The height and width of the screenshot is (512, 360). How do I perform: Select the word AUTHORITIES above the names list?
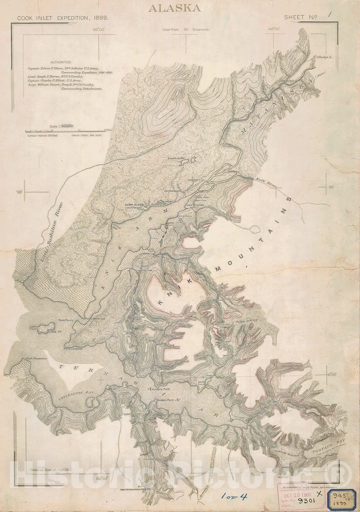click(x=61, y=62)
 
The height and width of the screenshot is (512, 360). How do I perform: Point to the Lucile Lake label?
click(x=174, y=158)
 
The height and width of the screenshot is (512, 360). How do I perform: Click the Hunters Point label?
click(x=162, y=389)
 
